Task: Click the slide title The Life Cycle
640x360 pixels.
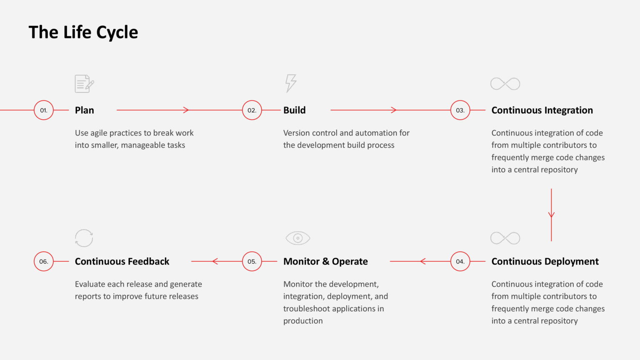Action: click(x=83, y=32)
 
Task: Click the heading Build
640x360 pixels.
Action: click(x=294, y=110)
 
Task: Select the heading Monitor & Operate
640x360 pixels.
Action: click(x=325, y=261)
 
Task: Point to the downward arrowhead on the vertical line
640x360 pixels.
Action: click(x=551, y=215)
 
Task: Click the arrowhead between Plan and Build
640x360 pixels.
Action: click(x=186, y=110)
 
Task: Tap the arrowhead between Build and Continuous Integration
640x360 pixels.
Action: click(x=394, y=110)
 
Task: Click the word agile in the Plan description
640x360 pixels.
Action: click(x=99, y=133)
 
